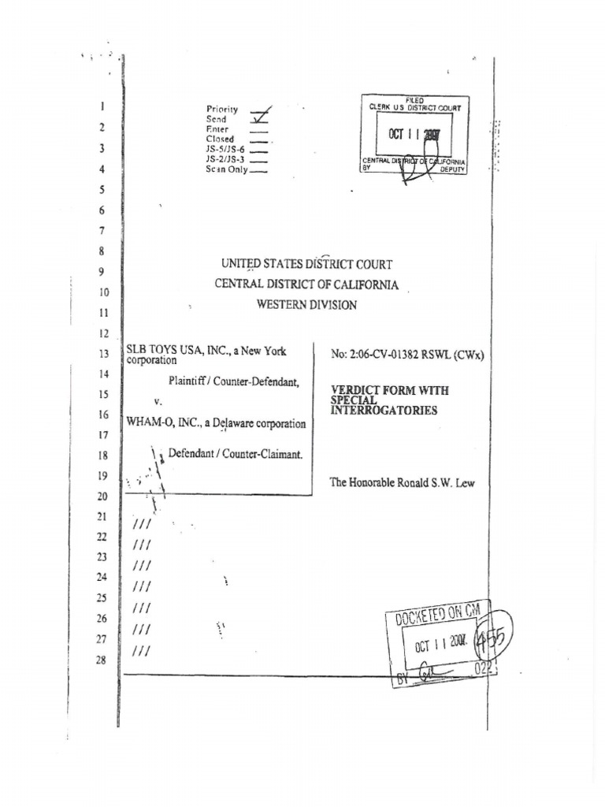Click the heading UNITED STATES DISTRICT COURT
306,265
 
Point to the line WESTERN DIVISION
306,305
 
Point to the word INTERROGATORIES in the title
384,411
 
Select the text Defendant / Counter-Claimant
236,454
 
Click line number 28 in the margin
101,660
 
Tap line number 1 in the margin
103,106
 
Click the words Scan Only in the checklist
227,169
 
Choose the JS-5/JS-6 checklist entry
225,149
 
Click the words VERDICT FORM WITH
379,391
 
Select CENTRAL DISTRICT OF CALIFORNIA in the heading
306,284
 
